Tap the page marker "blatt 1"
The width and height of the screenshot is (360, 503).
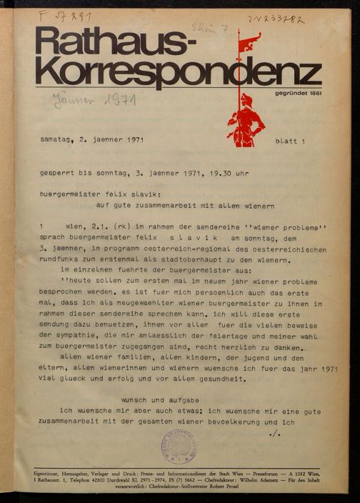(x=289, y=142)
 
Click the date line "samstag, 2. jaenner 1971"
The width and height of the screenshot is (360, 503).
(x=93, y=140)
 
